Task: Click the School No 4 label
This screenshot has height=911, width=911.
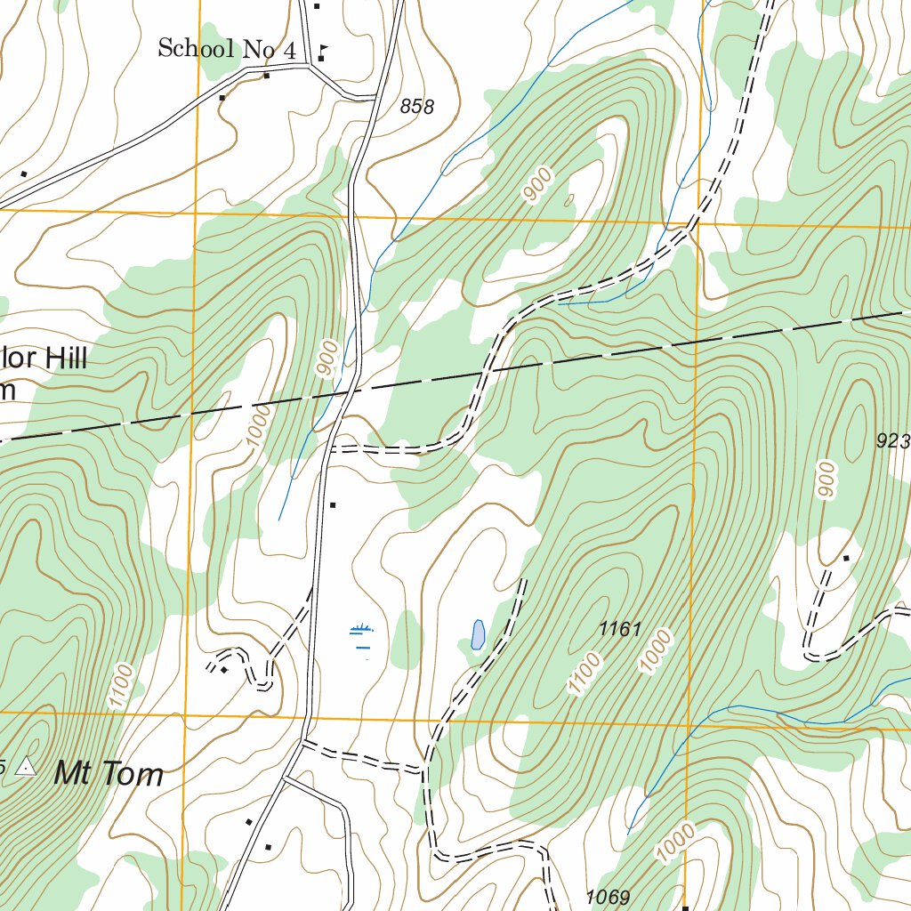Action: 226,49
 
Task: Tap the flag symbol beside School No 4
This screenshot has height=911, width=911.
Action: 321,51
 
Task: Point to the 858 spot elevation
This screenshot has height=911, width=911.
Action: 417,108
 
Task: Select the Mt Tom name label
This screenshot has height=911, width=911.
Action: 109,774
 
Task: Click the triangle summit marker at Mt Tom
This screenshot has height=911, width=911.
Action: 27,766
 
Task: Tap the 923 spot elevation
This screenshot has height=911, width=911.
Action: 892,440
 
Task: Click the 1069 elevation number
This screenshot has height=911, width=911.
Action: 609,897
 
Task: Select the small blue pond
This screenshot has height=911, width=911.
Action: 478,634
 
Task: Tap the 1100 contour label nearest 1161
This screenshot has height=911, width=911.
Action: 585,673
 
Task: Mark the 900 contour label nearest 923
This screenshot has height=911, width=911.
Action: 826,480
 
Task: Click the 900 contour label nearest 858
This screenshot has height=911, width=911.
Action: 537,185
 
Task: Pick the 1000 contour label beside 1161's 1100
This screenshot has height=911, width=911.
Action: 656,651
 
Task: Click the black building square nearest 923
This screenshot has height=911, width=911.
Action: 846,559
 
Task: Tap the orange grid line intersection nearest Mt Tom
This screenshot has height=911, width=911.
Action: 184,714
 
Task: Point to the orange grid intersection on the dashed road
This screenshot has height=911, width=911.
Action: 695,224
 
